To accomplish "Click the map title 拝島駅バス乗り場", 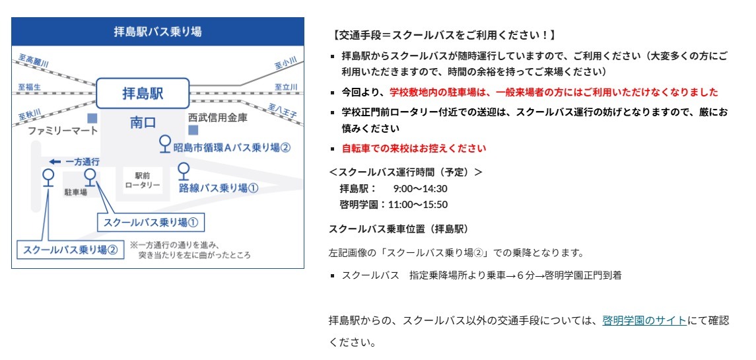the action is [158, 32].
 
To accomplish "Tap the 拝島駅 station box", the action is [143, 93].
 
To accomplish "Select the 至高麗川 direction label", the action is [34, 61].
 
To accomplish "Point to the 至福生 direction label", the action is [30, 87].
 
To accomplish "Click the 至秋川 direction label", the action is [30, 114].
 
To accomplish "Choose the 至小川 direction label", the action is [286, 63].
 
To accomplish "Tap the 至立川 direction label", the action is [286, 87].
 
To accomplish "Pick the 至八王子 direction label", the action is [283, 110].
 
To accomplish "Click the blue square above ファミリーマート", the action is [92, 118].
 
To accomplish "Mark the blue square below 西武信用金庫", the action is [193, 130].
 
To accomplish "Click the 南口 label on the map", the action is [143, 123].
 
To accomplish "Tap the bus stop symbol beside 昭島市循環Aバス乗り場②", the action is [165, 143].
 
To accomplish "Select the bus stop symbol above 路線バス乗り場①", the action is [184, 171].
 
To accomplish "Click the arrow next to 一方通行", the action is [55, 162].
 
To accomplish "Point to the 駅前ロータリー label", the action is [142, 180].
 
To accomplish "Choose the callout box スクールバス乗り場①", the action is [151, 223].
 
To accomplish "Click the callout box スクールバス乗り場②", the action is [70, 250].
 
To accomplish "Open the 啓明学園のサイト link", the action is [644, 320].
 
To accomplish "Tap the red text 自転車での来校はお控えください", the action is [414, 148].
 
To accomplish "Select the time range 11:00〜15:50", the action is [417, 205].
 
